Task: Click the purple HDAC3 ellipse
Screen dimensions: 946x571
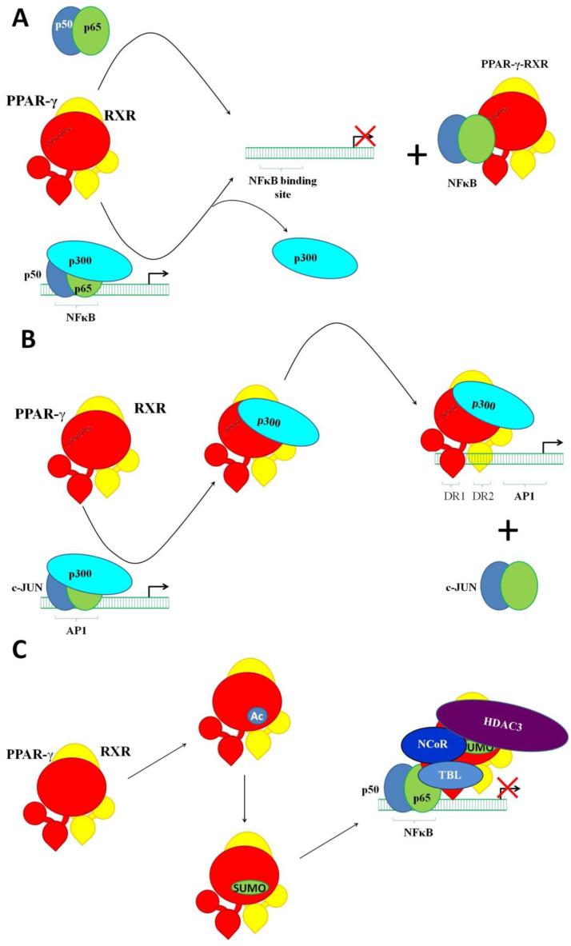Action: point(501,724)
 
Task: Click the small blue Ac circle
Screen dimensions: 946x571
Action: point(258,716)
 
